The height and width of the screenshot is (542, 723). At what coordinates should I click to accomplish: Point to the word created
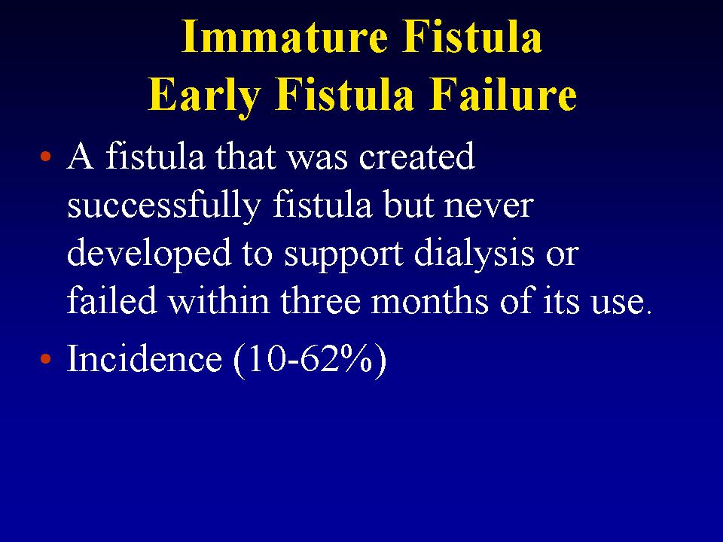416,156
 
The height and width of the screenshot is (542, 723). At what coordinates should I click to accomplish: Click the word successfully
164,206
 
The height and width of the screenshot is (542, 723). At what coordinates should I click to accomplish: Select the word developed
149,254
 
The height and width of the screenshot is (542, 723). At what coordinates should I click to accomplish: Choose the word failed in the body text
112,300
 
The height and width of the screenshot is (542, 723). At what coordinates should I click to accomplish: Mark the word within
218,300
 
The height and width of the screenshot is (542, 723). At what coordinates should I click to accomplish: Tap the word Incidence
145,358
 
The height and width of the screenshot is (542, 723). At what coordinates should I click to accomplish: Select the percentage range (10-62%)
310,360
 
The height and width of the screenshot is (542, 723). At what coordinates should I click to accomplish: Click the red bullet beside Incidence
45,358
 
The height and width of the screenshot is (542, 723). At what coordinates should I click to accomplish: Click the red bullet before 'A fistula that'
45,156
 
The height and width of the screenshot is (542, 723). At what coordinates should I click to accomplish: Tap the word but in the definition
408,206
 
